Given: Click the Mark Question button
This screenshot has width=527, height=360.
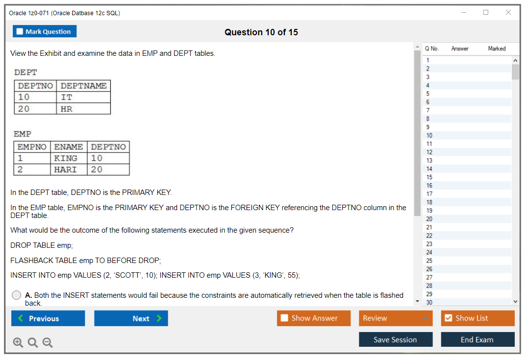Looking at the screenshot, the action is (45, 31).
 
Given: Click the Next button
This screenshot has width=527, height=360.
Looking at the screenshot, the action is (131, 318).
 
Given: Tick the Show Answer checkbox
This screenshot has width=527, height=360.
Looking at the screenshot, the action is (285, 318).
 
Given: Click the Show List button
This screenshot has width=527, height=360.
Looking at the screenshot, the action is (477, 318).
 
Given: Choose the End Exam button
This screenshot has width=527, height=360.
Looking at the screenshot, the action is (477, 339).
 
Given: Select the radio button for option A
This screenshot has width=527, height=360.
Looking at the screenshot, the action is (16, 295).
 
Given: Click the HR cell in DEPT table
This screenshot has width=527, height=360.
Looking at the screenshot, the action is (83, 109).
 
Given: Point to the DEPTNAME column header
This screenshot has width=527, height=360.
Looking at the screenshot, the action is (83, 86).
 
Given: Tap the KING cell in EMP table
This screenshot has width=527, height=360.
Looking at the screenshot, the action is (69, 158).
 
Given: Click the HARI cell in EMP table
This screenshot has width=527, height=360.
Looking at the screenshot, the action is (69, 169).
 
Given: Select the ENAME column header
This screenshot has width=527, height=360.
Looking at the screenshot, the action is (69, 147).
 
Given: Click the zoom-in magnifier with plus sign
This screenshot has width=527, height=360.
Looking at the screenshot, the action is (18, 342).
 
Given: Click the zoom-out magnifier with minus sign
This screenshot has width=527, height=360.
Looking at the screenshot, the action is (48, 342).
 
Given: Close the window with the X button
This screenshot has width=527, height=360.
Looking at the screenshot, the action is (508, 12).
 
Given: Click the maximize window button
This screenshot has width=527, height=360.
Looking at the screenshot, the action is (486, 12).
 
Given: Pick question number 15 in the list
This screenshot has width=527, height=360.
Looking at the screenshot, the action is (429, 177).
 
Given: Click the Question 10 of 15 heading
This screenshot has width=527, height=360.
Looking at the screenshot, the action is (261, 32).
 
